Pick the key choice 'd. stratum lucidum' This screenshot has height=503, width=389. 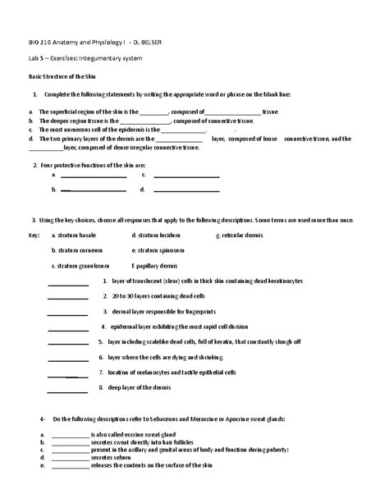tap(158, 235)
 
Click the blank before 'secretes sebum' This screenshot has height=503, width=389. tap(70, 460)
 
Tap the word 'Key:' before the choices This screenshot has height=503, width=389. tap(34, 235)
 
